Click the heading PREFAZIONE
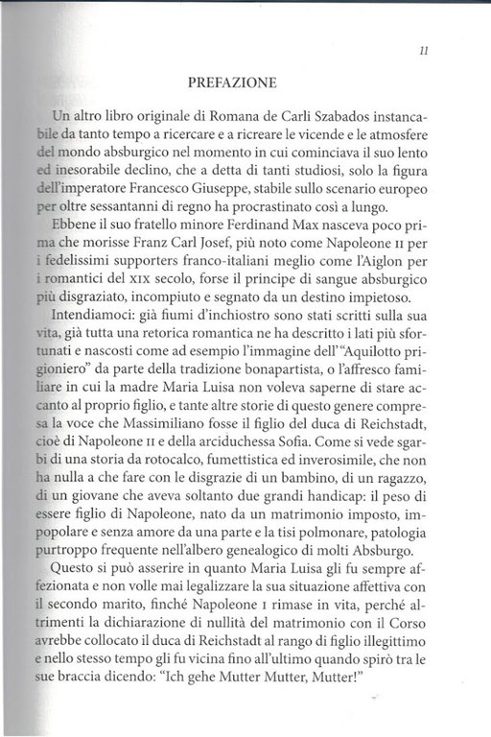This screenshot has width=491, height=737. click(239, 83)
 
